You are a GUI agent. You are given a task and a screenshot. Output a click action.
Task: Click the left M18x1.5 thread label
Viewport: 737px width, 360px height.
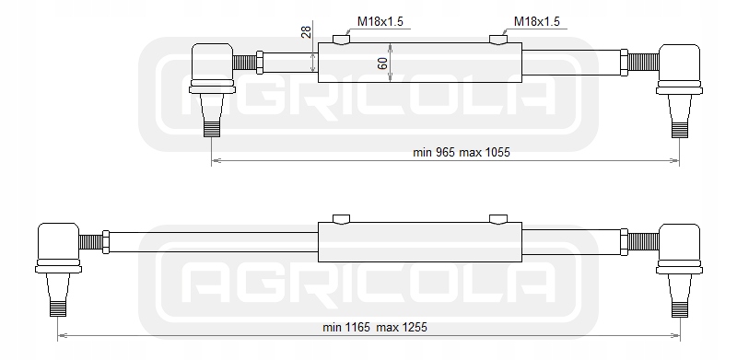click(x=380, y=21)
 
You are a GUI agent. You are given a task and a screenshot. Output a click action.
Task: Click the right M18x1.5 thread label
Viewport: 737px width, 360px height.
click(x=537, y=21)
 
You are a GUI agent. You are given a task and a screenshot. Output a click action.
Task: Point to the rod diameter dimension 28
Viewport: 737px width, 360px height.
click(x=306, y=32)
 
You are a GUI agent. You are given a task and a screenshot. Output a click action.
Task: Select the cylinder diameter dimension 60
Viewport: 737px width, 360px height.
click(x=382, y=63)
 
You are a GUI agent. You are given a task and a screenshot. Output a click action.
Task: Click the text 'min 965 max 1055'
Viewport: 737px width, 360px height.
click(x=462, y=152)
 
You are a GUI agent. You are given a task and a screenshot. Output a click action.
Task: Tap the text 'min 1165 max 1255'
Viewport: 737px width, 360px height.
click(x=375, y=327)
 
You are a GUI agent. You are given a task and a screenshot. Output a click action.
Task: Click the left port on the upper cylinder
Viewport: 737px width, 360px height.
click(x=341, y=40)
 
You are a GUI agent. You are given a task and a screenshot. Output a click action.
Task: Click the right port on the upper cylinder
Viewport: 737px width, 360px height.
click(x=498, y=40)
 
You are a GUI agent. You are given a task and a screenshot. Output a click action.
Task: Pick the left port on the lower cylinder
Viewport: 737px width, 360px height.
click(x=341, y=219)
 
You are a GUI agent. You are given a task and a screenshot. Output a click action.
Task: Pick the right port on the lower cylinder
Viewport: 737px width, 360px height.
click(x=498, y=219)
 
